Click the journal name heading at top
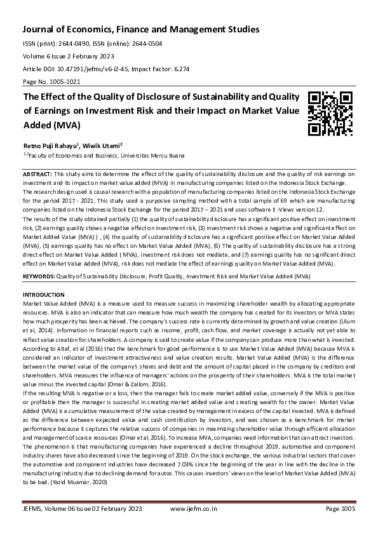point(142,29)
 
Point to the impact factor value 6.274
point(163,68)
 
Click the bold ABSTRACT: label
point(37,173)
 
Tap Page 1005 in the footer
point(340,509)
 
